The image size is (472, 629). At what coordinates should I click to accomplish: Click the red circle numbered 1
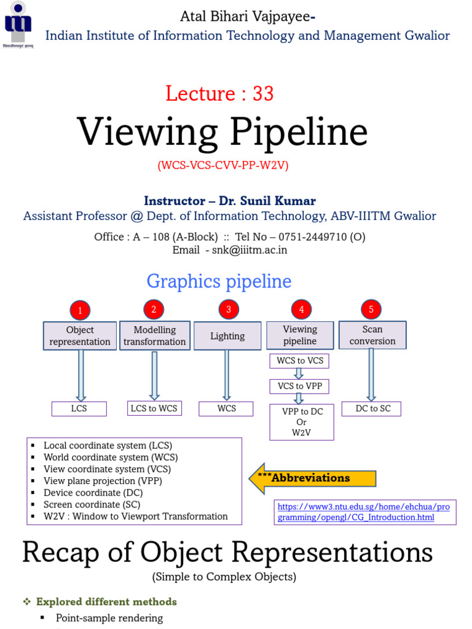80,310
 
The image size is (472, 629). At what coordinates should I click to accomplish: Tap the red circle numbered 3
228,309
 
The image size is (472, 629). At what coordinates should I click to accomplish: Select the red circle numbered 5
371,309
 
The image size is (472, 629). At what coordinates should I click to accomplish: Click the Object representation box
80,336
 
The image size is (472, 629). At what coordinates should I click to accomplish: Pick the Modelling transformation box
155,336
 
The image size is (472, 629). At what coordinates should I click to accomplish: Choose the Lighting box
227,336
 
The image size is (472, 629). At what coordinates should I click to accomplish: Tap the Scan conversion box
372,335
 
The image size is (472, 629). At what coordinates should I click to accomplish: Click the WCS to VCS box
300,360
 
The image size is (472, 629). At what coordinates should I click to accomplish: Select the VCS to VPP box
300,386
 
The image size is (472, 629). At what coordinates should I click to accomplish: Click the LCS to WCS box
154,408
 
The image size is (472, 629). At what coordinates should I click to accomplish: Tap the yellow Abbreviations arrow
312,478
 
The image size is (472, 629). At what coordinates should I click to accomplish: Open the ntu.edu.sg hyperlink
364,512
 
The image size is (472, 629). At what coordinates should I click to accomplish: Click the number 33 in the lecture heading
263,93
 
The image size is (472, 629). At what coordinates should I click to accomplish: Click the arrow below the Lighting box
227,375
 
